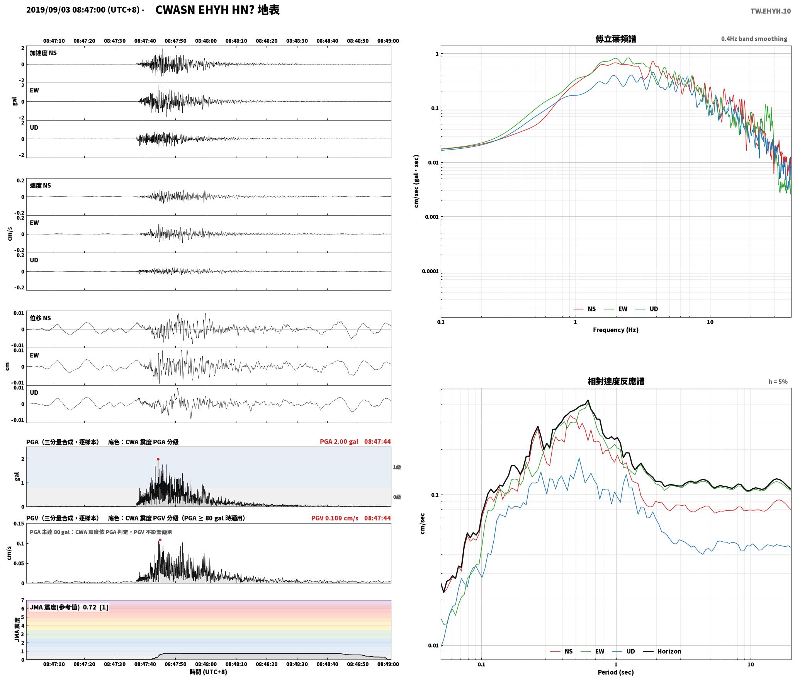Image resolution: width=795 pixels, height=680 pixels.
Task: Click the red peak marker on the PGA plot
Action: (x=158, y=459)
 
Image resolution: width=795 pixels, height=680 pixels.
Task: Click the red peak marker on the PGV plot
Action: (x=160, y=540)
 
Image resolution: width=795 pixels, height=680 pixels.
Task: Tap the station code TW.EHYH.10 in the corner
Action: (x=771, y=11)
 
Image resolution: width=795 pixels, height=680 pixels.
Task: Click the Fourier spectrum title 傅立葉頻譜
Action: (x=616, y=39)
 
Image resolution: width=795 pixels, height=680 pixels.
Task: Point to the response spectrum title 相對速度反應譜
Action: (x=616, y=381)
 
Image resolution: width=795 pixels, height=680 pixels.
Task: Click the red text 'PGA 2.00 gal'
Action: (x=339, y=441)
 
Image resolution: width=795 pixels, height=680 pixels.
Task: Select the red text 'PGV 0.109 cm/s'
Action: (x=335, y=518)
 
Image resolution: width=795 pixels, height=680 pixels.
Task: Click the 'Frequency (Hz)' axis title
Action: (x=616, y=330)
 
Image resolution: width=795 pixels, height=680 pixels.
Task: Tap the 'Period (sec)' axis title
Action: (x=616, y=672)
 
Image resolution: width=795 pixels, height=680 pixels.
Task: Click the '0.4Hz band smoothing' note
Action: (x=754, y=39)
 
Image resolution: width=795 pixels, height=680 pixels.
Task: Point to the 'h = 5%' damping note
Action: (x=778, y=381)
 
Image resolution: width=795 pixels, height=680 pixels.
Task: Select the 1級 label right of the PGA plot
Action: (x=397, y=467)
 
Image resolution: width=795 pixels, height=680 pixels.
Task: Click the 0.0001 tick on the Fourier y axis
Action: (x=430, y=271)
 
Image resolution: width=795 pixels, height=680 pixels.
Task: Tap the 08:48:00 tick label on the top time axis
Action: (x=206, y=41)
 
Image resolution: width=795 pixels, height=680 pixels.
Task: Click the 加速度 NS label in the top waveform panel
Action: (x=43, y=53)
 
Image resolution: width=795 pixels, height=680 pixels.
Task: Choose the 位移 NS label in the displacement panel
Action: (x=40, y=318)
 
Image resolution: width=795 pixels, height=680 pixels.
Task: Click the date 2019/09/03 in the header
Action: (x=48, y=10)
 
